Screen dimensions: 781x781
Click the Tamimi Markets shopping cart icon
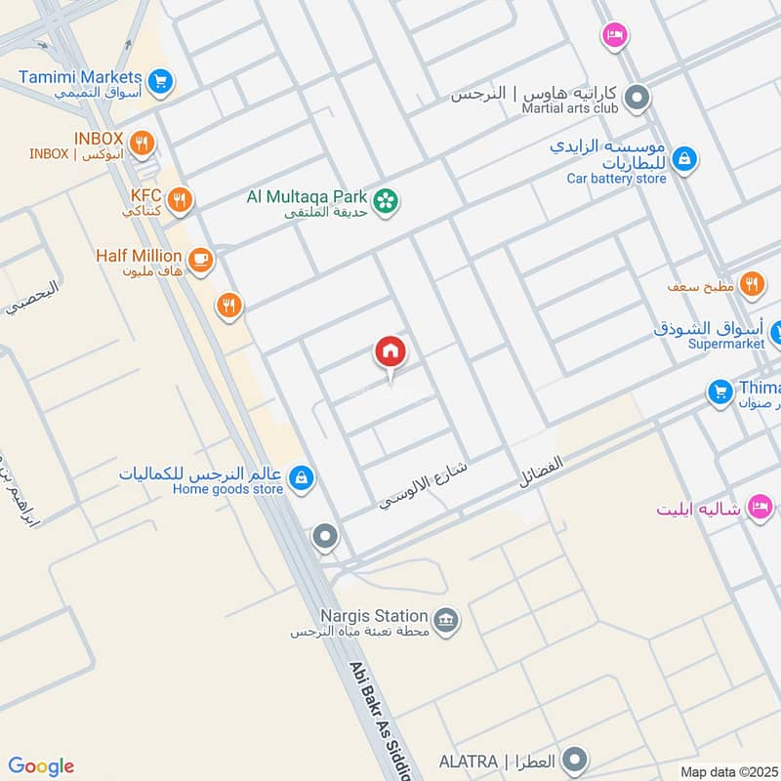click(x=162, y=81)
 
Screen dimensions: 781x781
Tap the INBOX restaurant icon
click(x=143, y=144)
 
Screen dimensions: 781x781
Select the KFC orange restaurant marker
click(x=180, y=201)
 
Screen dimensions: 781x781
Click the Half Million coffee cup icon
click(x=201, y=259)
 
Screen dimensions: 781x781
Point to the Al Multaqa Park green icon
click(x=388, y=200)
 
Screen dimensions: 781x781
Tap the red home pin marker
click(x=390, y=351)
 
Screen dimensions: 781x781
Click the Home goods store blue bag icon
click(x=302, y=476)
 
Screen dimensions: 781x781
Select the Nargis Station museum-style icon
click(x=446, y=620)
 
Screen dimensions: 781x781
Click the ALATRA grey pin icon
click(x=576, y=759)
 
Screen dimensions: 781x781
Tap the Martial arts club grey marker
click(x=637, y=97)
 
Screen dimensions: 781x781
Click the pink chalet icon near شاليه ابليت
click(x=760, y=506)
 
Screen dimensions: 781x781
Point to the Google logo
click(x=41, y=766)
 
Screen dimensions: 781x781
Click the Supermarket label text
click(x=728, y=344)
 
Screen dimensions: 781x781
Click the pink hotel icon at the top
click(x=614, y=35)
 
